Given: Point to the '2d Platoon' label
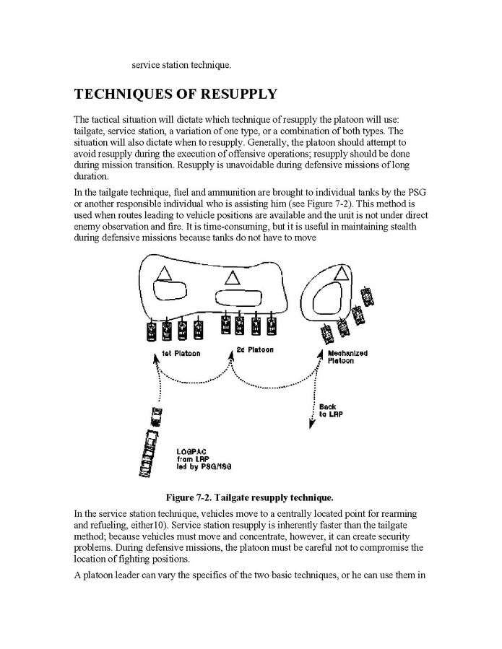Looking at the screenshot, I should (255, 350).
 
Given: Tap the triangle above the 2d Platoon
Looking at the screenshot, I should (232, 276).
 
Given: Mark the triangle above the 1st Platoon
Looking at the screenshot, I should (164, 273).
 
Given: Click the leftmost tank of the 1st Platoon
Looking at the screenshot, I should (151, 330).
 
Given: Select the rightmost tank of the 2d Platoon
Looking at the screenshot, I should (272, 326).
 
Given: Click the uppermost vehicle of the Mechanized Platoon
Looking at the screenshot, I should (370, 295).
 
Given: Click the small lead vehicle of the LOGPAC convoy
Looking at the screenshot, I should (157, 417).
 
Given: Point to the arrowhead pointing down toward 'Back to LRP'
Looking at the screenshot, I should (311, 425).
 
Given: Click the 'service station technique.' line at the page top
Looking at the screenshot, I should (181, 65).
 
